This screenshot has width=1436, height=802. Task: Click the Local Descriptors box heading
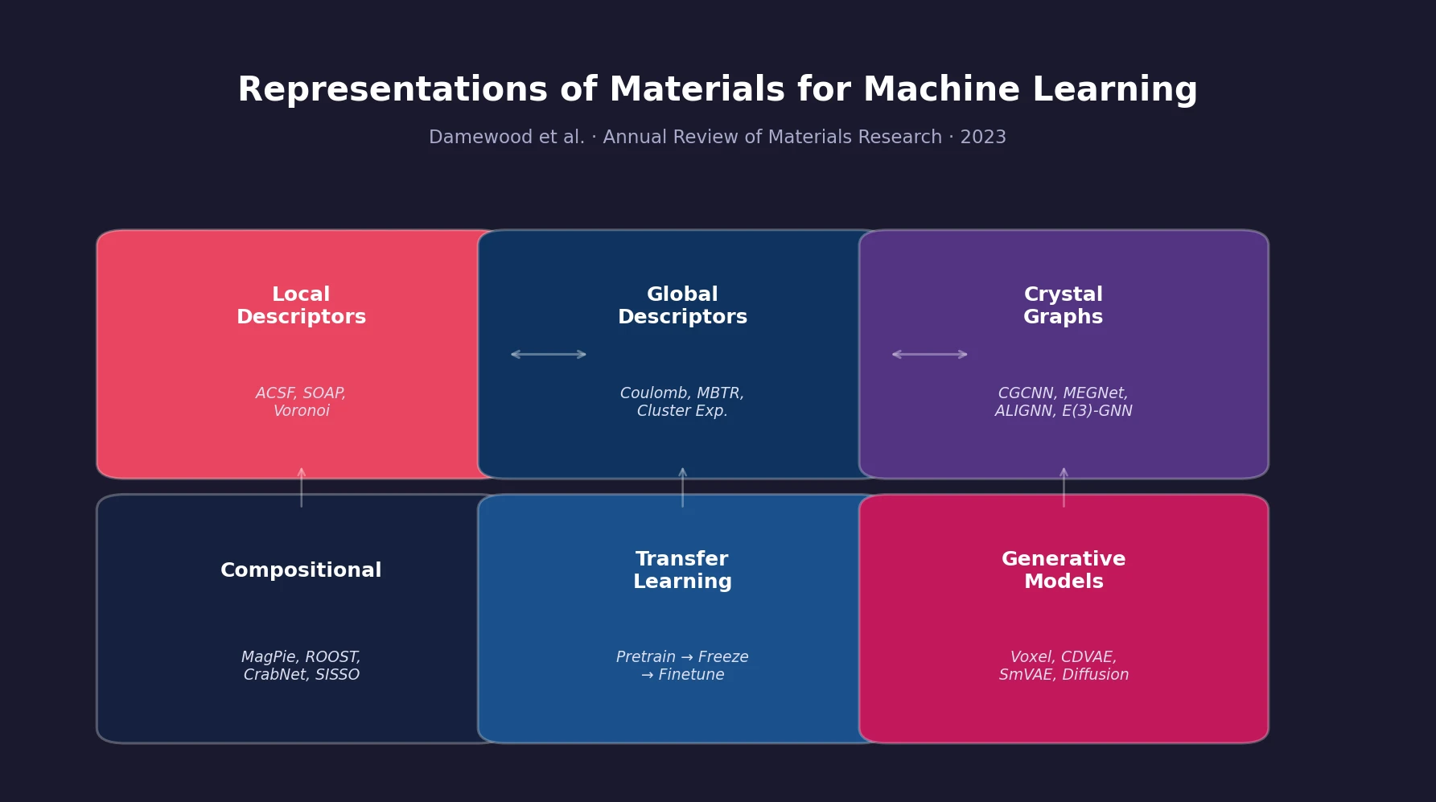coord(301,306)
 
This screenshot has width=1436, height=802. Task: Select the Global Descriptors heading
coord(682,306)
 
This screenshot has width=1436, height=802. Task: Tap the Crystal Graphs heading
coord(1063,306)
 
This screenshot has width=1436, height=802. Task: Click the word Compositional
coord(301,570)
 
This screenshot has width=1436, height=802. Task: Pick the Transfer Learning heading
coord(682,570)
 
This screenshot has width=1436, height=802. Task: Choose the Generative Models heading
coord(1063,570)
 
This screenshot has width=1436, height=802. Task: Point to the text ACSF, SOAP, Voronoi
coord(301,402)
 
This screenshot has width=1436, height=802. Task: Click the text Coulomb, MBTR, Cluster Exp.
coord(682,402)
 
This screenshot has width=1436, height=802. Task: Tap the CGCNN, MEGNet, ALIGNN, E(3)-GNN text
coord(1063,402)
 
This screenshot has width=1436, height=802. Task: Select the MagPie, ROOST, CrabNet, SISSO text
coord(301,666)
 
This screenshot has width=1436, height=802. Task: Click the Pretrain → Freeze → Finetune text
coord(682,666)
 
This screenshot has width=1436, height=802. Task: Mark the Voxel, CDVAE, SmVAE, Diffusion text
coord(1063,666)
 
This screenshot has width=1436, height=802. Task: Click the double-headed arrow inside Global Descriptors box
coord(549,355)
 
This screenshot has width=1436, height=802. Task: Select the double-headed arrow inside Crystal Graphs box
coord(930,355)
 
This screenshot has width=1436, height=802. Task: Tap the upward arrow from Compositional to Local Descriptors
coord(302,487)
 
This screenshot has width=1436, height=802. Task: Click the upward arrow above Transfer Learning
coord(682,487)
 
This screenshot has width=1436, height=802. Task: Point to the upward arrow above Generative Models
coord(1064,487)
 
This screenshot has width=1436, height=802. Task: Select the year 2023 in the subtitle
coord(983,138)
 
